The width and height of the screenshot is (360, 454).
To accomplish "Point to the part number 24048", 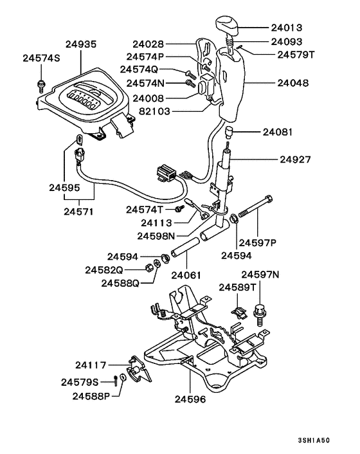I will (292, 83).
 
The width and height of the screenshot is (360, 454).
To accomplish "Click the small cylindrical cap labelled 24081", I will (228, 132).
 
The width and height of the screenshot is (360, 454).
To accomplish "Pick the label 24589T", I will (238, 288).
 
